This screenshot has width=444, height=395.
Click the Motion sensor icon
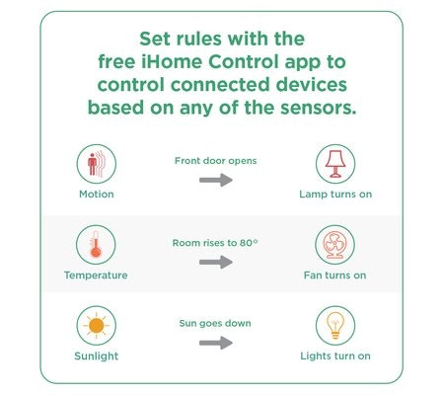click(97, 164)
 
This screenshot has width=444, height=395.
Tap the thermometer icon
click(96, 245)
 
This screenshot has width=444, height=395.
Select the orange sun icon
click(97, 326)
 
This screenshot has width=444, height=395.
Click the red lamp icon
click(335, 164)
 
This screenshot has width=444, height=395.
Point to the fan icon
click(334, 245)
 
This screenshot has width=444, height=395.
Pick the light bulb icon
click(335, 326)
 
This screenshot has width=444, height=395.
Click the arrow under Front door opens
click(216, 180)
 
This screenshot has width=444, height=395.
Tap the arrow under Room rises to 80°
click(216, 262)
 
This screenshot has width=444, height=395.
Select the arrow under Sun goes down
click(216, 343)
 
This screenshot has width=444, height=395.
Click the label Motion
click(97, 195)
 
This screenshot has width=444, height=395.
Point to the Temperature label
click(96, 276)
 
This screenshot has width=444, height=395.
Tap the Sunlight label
click(97, 356)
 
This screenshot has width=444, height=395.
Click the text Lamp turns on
click(335, 195)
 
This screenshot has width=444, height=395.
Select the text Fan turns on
click(334, 276)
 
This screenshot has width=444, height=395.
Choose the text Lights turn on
click(335, 356)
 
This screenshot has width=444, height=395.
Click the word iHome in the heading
click(172, 61)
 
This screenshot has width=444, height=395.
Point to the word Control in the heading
click(244, 61)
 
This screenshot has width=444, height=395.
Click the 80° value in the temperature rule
click(249, 243)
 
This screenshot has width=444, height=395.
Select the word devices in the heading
click(312, 85)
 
